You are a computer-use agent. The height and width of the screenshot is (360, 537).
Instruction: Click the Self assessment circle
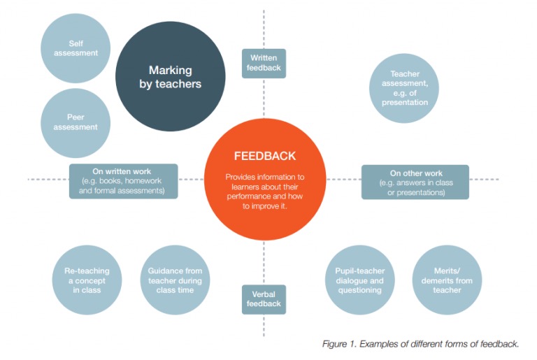pos(76,48)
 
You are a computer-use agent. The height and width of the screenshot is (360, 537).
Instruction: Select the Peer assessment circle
pos(76,122)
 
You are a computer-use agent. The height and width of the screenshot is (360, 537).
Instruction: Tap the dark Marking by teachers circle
pos(170,77)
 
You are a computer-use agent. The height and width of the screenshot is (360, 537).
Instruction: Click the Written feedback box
pos(264,63)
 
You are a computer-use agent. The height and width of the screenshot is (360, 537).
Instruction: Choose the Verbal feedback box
pos(264,299)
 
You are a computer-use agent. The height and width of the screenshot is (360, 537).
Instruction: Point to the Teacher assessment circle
pos(404,87)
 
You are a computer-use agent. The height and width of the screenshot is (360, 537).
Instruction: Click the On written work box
pos(123,180)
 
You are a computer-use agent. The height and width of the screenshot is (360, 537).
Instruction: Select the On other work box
pos(415,181)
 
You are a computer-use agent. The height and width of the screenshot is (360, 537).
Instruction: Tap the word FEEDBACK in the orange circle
pos(264,156)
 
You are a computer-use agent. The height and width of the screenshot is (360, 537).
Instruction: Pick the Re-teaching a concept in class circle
pos(87,280)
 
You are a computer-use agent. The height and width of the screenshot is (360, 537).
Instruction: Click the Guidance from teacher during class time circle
pos(175,280)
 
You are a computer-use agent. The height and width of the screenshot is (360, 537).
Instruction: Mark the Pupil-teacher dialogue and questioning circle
pos(359,280)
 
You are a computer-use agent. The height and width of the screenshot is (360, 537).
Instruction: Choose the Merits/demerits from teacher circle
pos(447,280)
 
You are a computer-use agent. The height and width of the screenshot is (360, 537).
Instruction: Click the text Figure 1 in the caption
pos(338,345)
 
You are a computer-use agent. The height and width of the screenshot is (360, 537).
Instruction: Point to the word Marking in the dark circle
pos(170,70)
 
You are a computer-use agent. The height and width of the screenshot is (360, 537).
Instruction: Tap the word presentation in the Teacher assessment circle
pos(404,102)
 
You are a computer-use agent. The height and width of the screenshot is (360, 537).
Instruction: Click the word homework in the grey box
pos(147,180)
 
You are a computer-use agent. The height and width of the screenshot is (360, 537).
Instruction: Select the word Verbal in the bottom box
pos(264,294)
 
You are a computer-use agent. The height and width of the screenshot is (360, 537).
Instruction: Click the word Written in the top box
pos(264,57)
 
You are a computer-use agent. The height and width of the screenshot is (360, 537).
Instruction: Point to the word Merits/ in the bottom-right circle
pos(447,271)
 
